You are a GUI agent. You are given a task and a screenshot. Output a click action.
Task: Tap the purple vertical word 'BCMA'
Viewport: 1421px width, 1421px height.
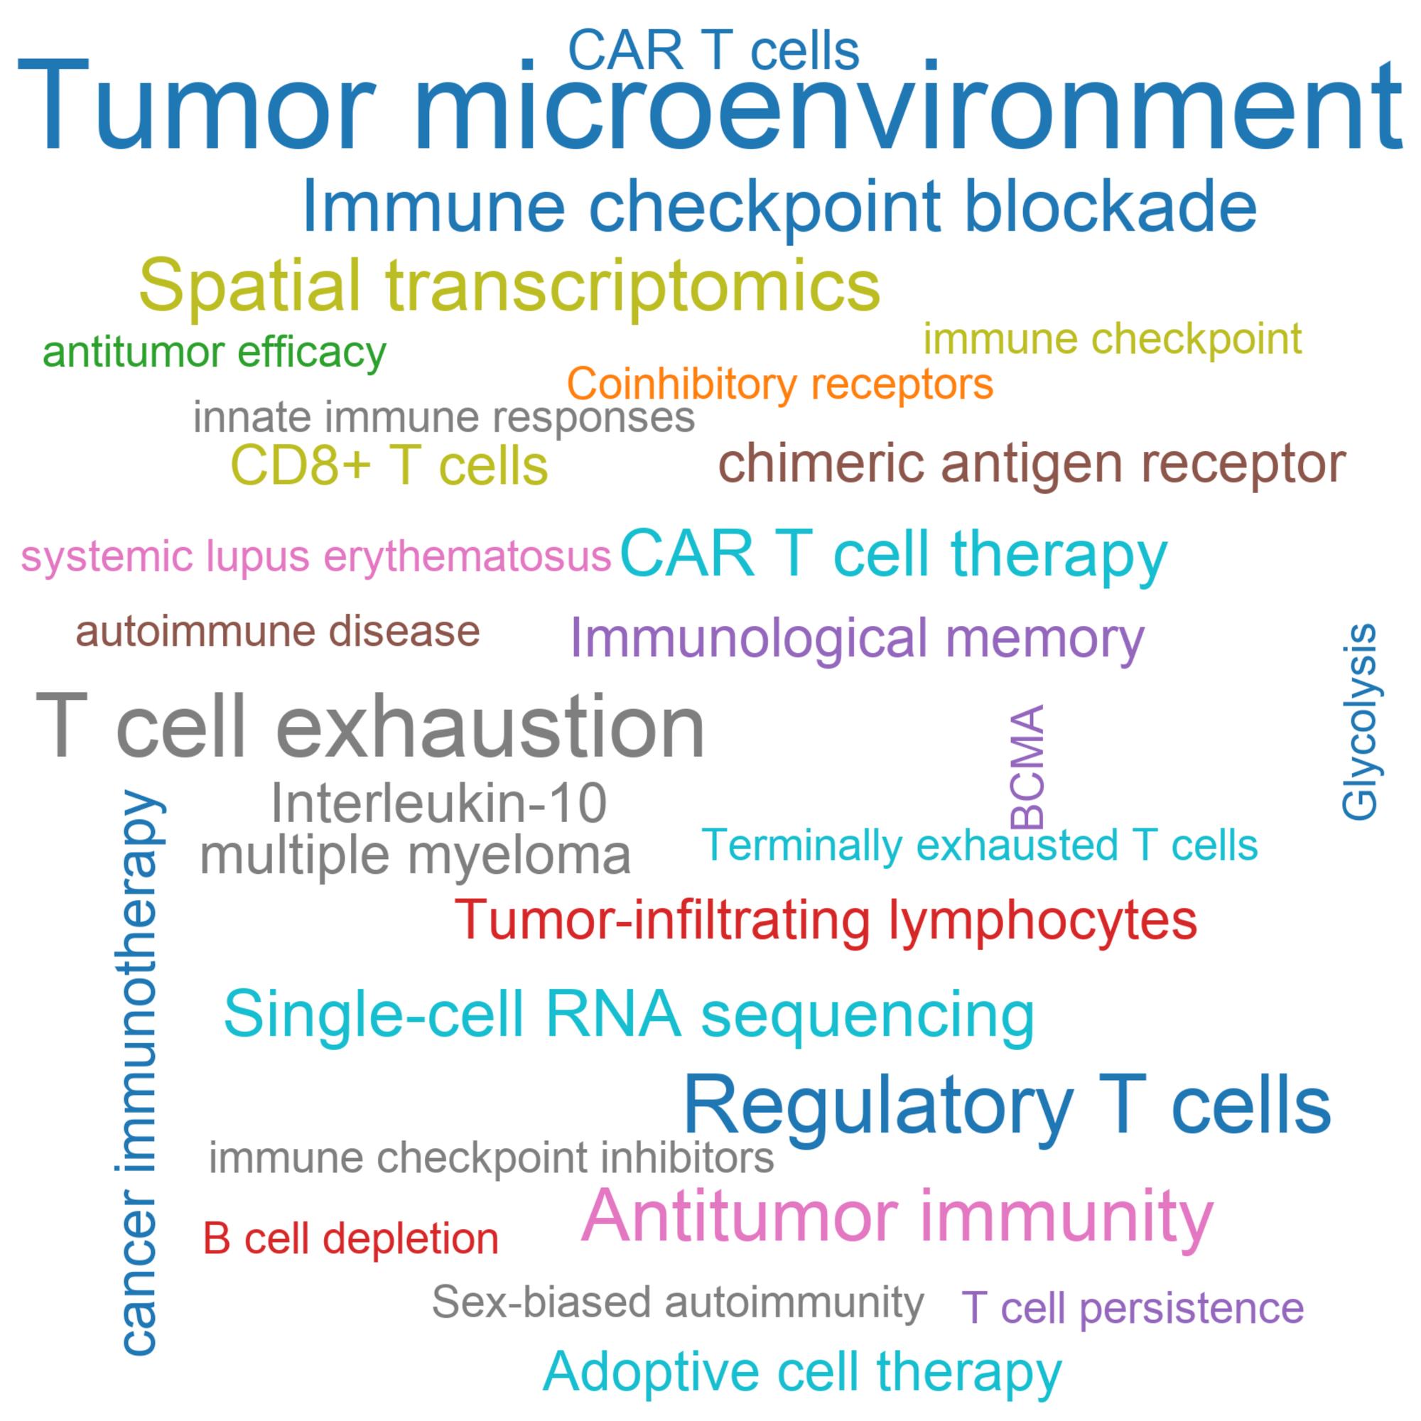[1027, 767]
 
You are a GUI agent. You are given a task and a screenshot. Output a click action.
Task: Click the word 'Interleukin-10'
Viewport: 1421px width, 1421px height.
[438, 803]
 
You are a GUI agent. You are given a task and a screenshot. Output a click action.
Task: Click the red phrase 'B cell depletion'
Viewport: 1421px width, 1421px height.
[351, 1238]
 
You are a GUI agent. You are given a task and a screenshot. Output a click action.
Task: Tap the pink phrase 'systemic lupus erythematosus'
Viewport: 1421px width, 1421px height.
[316, 557]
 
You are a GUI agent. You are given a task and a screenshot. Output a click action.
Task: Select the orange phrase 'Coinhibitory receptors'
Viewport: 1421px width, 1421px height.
[780, 384]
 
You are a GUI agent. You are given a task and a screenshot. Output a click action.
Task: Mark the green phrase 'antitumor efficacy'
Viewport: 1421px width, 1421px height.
[215, 353]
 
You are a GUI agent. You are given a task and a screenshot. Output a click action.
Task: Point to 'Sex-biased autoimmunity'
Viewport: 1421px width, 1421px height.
[677, 1302]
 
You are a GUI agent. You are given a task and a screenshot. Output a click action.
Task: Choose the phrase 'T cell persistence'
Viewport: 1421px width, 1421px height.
[1133, 1308]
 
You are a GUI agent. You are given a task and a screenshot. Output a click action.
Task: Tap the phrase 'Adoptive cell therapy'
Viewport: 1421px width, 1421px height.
[802, 1371]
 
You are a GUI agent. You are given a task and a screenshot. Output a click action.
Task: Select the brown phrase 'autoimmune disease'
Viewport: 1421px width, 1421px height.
[278, 631]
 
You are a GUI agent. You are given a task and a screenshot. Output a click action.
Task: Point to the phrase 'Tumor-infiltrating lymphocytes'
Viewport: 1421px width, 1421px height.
[826, 921]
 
